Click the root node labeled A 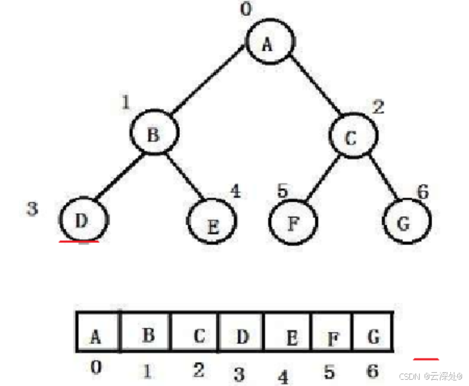coord(268,42)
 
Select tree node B coord(154,133)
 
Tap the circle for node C coord(351,137)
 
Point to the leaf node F coord(293,223)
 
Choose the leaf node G coord(406,223)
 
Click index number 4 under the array coord(283,377)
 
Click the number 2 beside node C coord(377,107)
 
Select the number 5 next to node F coord(281,190)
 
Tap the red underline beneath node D coord(79,242)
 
